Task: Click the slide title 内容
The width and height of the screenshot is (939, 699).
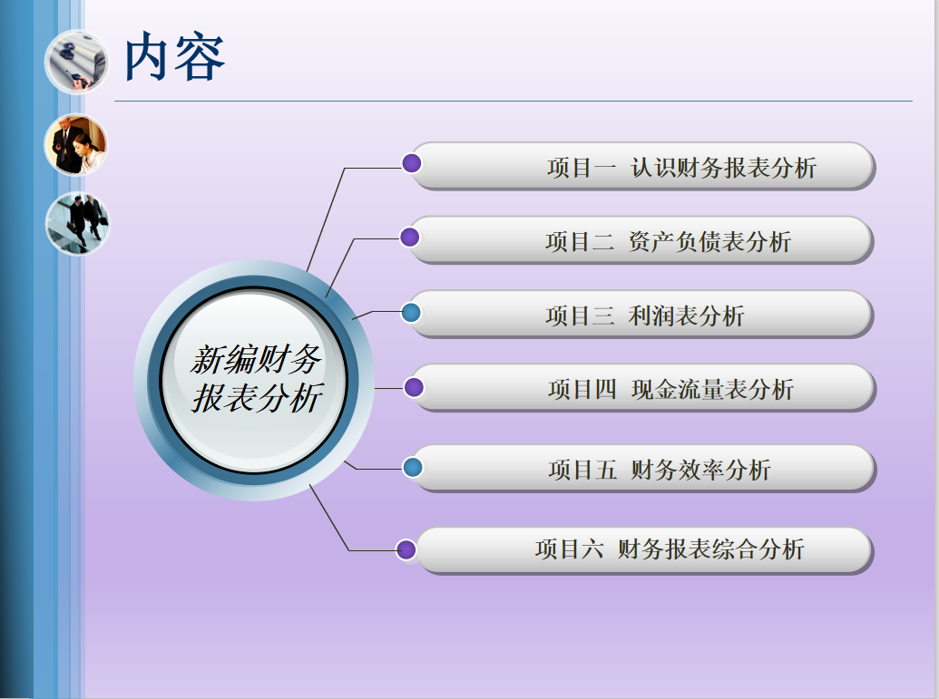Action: (x=173, y=57)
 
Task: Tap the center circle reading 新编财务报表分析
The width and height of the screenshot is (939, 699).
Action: (x=254, y=380)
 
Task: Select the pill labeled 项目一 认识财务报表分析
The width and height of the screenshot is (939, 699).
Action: (x=642, y=167)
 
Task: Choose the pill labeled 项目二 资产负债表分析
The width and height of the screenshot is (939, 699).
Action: (x=641, y=240)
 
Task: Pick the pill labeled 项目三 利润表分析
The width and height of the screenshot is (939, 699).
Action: (x=641, y=315)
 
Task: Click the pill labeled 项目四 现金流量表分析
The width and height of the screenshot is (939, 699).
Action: (x=642, y=388)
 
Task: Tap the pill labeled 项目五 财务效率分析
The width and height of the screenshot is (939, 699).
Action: (x=642, y=469)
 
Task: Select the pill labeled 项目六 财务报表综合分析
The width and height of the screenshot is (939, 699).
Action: (x=643, y=550)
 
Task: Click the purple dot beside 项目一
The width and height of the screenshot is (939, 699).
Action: (x=411, y=163)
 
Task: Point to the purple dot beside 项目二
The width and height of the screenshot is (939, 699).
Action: (x=409, y=237)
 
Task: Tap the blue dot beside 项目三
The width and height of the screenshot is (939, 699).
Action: (x=411, y=313)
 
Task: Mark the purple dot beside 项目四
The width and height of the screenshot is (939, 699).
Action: (x=413, y=387)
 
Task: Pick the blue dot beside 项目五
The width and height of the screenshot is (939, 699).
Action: (x=413, y=468)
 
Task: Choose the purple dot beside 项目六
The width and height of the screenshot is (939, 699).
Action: (x=406, y=549)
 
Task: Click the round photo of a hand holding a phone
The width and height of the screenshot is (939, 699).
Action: (x=76, y=63)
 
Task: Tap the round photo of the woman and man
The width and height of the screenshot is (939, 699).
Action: (x=76, y=145)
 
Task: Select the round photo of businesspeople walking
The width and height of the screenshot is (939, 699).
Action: (x=78, y=223)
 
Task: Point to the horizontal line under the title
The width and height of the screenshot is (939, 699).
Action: (x=514, y=102)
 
